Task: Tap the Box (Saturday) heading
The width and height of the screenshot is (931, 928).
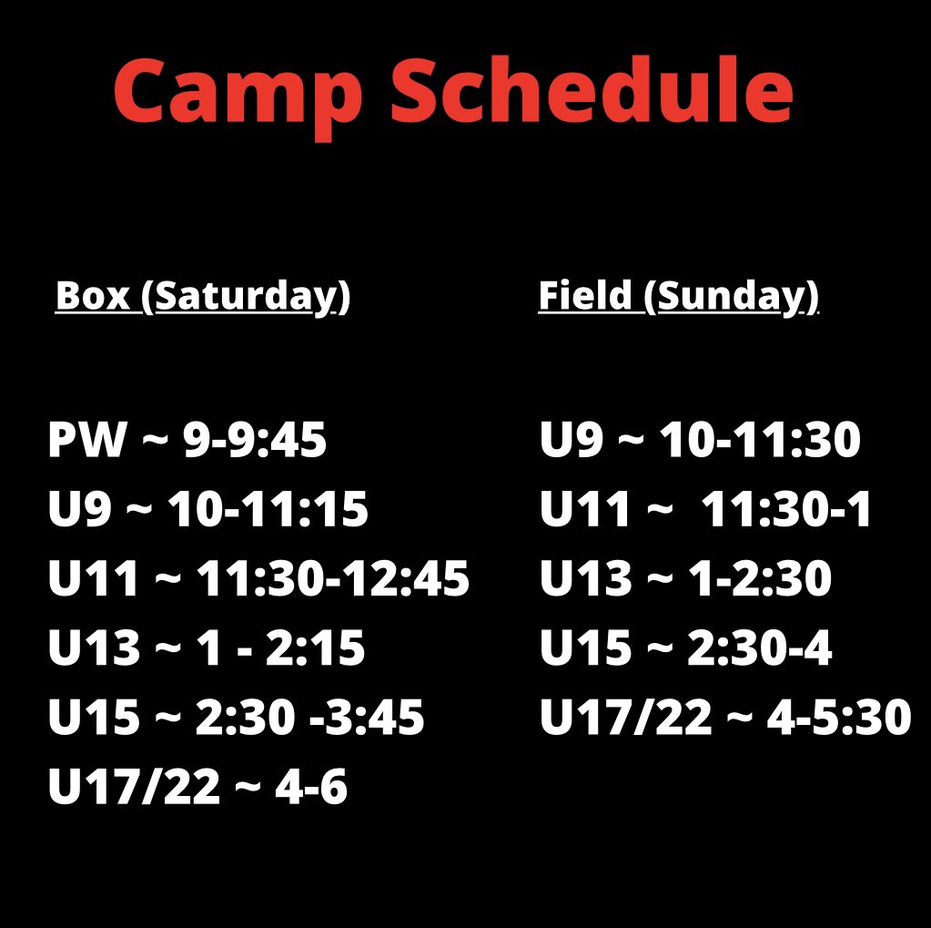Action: [202, 298]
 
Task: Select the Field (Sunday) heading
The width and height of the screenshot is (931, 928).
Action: [678, 296]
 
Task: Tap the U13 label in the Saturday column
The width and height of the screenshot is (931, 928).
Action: [94, 648]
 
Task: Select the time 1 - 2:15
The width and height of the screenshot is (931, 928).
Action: [280, 648]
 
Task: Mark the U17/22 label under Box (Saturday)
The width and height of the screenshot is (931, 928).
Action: [134, 788]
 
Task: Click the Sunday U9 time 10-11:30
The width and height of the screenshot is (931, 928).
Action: [759, 441]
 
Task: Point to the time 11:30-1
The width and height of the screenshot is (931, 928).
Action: [787, 510]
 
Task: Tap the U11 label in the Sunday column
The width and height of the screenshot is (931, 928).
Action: [583, 510]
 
